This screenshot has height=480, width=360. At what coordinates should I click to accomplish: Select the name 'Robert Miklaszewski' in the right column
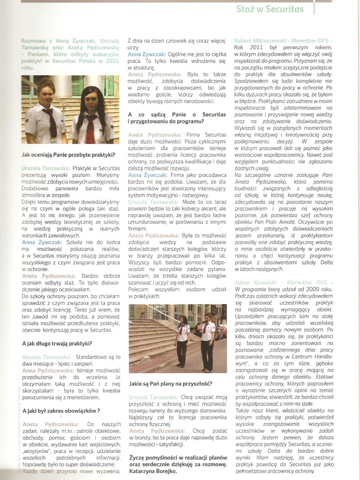[258, 38]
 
